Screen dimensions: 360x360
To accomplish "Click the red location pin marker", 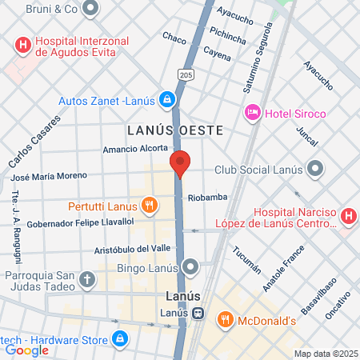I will click(x=181, y=163).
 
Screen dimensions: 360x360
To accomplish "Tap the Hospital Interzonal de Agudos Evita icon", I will click(x=22, y=44).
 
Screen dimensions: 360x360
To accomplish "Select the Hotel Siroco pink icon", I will click(x=253, y=113).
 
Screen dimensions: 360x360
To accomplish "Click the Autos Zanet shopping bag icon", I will click(x=167, y=100).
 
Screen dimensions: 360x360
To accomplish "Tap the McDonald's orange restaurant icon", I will click(x=226, y=321).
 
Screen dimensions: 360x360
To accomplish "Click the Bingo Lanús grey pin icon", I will click(x=190, y=266).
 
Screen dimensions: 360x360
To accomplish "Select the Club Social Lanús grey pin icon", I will click(x=316, y=169).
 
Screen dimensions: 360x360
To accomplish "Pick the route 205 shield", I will click(x=186, y=74).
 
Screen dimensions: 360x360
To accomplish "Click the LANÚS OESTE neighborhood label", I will click(x=173, y=129).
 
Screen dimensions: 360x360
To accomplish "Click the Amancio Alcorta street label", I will click(x=135, y=149).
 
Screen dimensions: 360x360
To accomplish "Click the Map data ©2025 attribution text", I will click(x=325, y=353).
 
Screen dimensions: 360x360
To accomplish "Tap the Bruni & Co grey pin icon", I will click(x=90, y=10).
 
